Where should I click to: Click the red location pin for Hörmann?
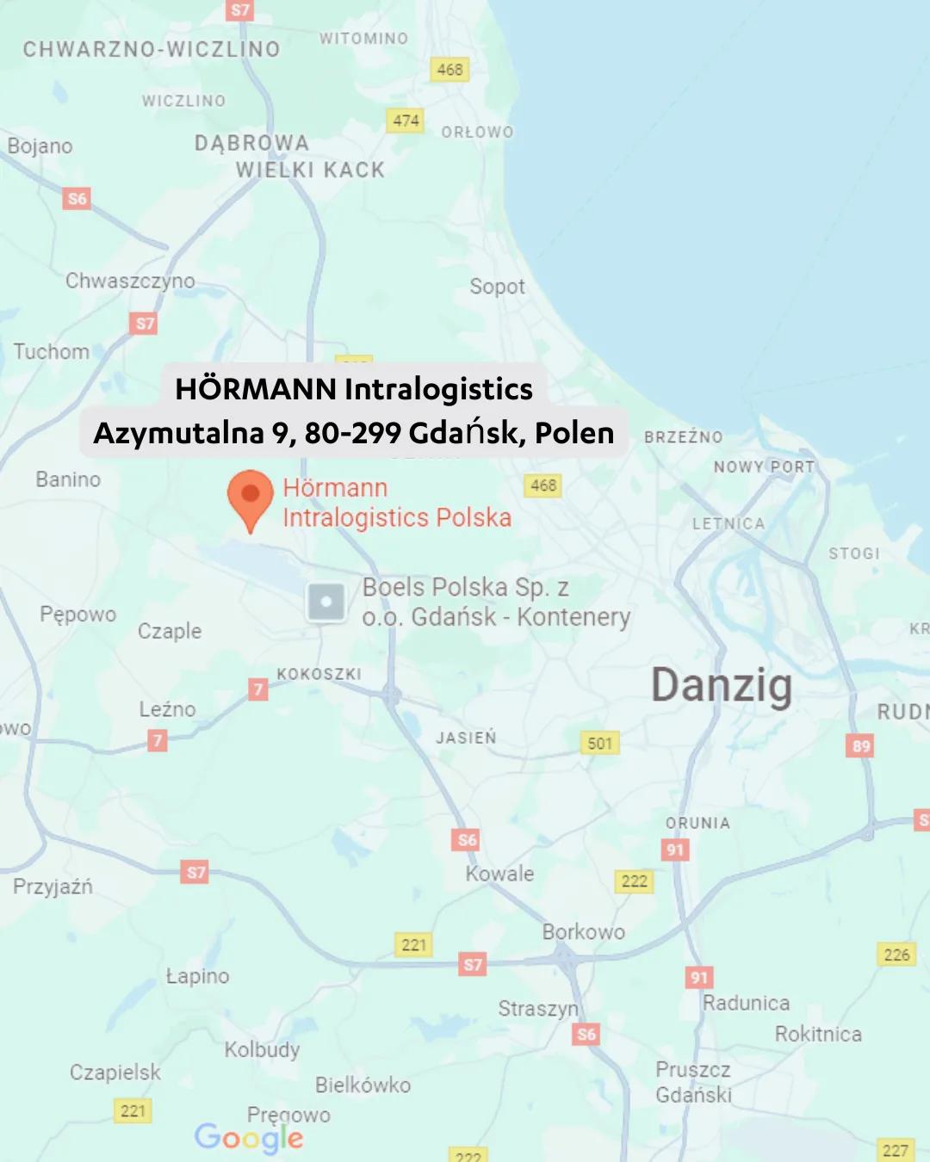point(250,498)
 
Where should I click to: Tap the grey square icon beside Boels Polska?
point(326,602)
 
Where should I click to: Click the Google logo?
point(249,1138)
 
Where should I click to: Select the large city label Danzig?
point(722,686)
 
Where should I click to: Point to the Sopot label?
point(497,287)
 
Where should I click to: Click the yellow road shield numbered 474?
point(406,121)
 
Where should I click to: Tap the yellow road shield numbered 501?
point(600,743)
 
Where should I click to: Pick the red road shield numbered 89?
point(861,745)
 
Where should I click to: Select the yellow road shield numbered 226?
point(896,954)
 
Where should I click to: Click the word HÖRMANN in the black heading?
point(255,389)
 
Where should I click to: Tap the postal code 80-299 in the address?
point(352,432)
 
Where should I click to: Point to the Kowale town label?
point(499,874)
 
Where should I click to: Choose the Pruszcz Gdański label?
point(693,1082)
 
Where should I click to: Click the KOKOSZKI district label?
point(319,674)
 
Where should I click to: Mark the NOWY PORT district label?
point(764,467)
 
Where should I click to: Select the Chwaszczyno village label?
point(130,281)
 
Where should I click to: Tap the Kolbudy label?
point(262,1049)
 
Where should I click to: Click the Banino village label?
point(68,479)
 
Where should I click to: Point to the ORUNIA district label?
point(697,823)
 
